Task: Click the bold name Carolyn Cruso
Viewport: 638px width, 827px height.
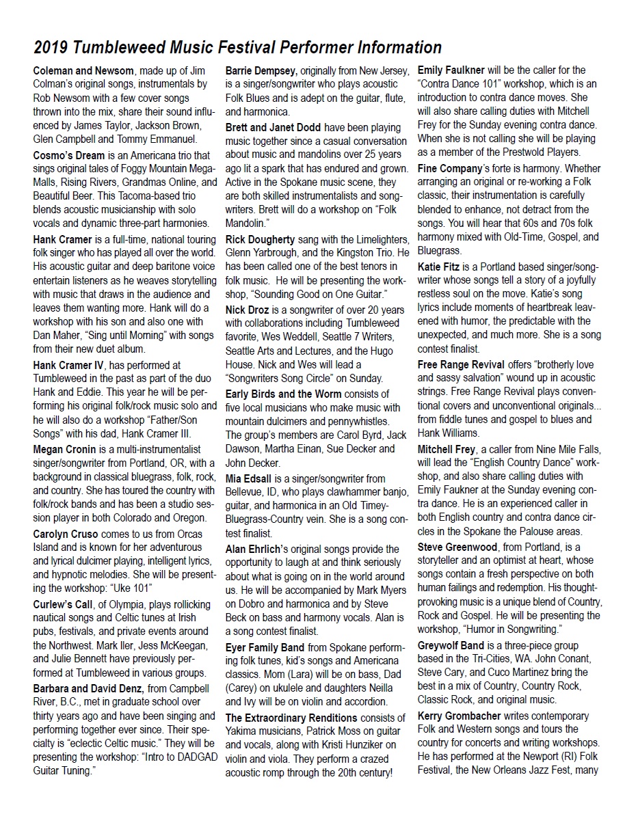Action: pyautogui.click(x=66, y=534)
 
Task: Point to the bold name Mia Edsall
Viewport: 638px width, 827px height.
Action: pyautogui.click(x=250, y=478)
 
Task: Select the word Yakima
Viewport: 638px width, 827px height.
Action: pyautogui.click(x=243, y=731)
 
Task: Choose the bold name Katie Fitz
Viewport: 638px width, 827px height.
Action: pyautogui.click(x=439, y=267)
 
